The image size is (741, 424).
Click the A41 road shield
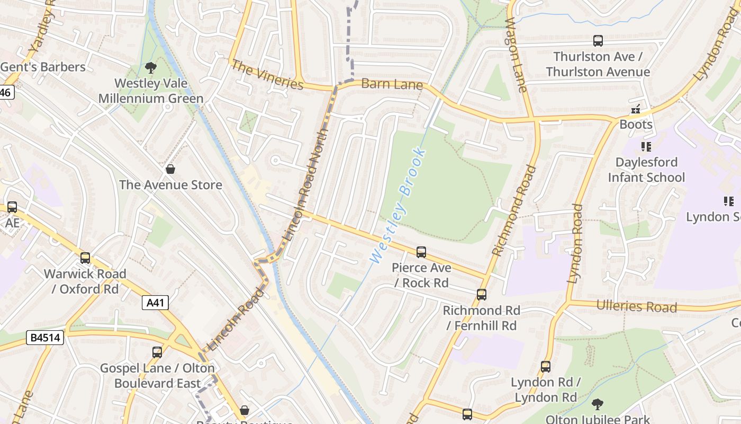click(156, 303)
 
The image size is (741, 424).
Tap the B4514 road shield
click(45, 337)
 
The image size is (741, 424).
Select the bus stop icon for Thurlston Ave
click(598, 41)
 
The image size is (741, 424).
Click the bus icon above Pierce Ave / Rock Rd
click(421, 252)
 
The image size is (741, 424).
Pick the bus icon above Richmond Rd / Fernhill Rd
click(481, 295)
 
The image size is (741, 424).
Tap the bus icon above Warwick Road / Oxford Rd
click(85, 258)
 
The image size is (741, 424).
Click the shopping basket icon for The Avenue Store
click(170, 169)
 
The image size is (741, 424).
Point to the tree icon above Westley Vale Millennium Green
click(151, 67)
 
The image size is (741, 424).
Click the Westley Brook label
click(398, 206)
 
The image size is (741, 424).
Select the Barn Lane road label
click(392, 84)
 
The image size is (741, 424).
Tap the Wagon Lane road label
click(516, 55)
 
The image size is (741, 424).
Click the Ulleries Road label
click(636, 306)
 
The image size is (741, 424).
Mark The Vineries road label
click(267, 75)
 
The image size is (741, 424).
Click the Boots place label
click(636, 125)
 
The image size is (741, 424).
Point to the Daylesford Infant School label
click(646, 170)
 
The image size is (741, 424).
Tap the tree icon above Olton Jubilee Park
click(598, 404)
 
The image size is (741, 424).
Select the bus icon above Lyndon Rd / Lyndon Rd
click(546, 367)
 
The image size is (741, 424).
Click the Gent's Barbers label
click(43, 67)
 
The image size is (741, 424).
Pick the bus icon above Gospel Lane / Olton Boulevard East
click(157, 352)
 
